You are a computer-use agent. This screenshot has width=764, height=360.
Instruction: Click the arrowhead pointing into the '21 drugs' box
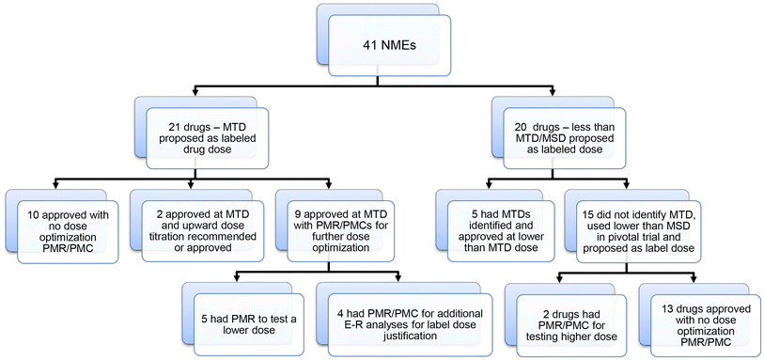pos(194,94)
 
